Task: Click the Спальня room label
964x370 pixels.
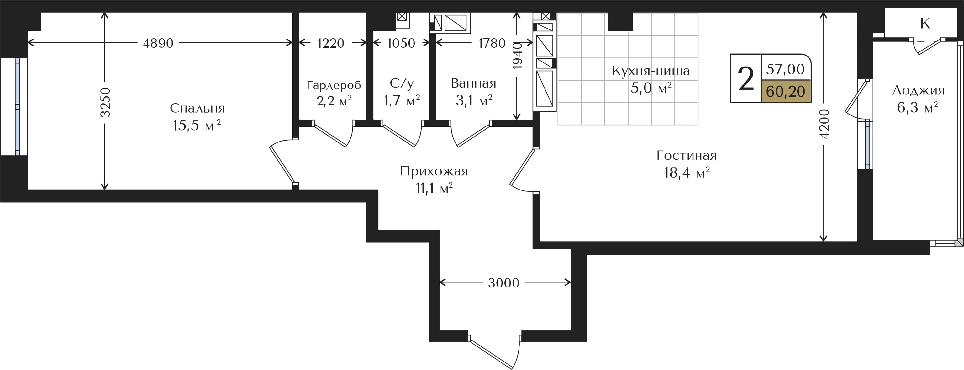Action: pos(197,108)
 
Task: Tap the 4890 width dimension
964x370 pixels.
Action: pos(158,43)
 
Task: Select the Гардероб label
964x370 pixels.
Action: pos(334,85)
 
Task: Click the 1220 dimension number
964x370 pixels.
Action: pos(330,43)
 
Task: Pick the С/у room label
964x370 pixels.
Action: pos(402,83)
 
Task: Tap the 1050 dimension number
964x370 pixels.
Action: pos(401,43)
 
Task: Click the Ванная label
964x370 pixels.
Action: pos(473,83)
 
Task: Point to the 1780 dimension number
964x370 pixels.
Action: pos(492,43)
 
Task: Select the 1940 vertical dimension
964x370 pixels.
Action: pos(517,56)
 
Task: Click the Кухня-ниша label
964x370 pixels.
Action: pos(651,71)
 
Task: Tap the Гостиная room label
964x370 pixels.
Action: pos(687,155)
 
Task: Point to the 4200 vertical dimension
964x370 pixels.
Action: pos(824,124)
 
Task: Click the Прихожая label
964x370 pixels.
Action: pos(434,171)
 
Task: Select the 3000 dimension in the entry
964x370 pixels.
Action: pos(504,283)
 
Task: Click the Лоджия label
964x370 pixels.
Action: pos(918,90)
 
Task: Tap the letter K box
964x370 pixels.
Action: pos(925,23)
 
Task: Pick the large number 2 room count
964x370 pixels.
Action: pos(746,79)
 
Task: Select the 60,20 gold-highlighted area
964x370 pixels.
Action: pos(786,91)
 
